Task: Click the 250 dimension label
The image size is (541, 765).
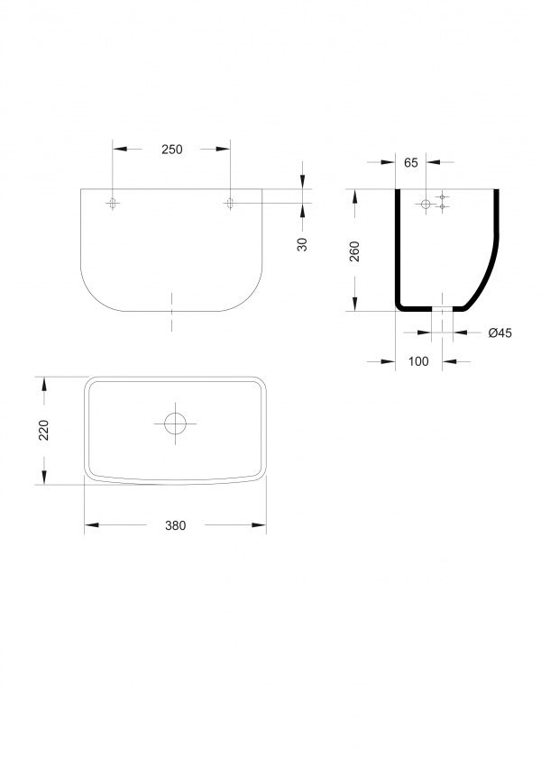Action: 172,150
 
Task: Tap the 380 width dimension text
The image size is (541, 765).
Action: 175,525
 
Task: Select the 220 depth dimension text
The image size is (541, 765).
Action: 44,431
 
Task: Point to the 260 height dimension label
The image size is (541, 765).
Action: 354,251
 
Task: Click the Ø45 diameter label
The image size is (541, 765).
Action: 500,332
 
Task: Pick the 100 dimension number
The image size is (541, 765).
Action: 418,361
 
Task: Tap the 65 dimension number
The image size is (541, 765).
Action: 411,163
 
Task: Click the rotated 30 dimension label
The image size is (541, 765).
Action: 303,244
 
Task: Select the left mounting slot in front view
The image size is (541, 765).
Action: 114,203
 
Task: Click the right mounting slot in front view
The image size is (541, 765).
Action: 230,203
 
